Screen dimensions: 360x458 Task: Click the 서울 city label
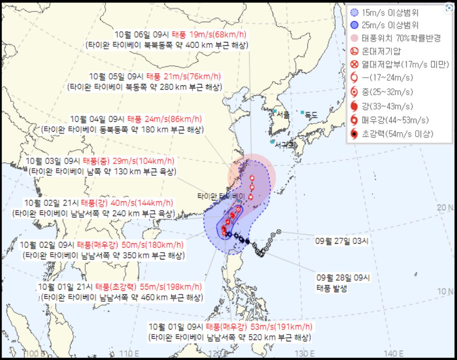pyautogui.click(x=283, y=114)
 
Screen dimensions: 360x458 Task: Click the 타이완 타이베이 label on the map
pyautogui.click(x=216, y=196)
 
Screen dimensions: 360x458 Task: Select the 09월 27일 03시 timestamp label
pyautogui.click(x=343, y=241)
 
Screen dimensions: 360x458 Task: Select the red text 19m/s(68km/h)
pyautogui.click(x=223, y=34)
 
